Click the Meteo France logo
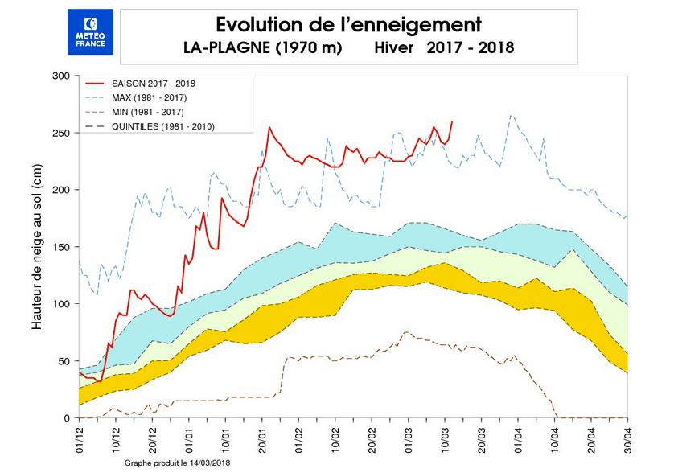90,32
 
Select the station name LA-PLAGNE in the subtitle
227,48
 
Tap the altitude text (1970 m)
309,48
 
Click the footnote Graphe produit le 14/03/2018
177,464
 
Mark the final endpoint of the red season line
452,122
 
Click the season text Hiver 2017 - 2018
443,48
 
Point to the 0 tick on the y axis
68,418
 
